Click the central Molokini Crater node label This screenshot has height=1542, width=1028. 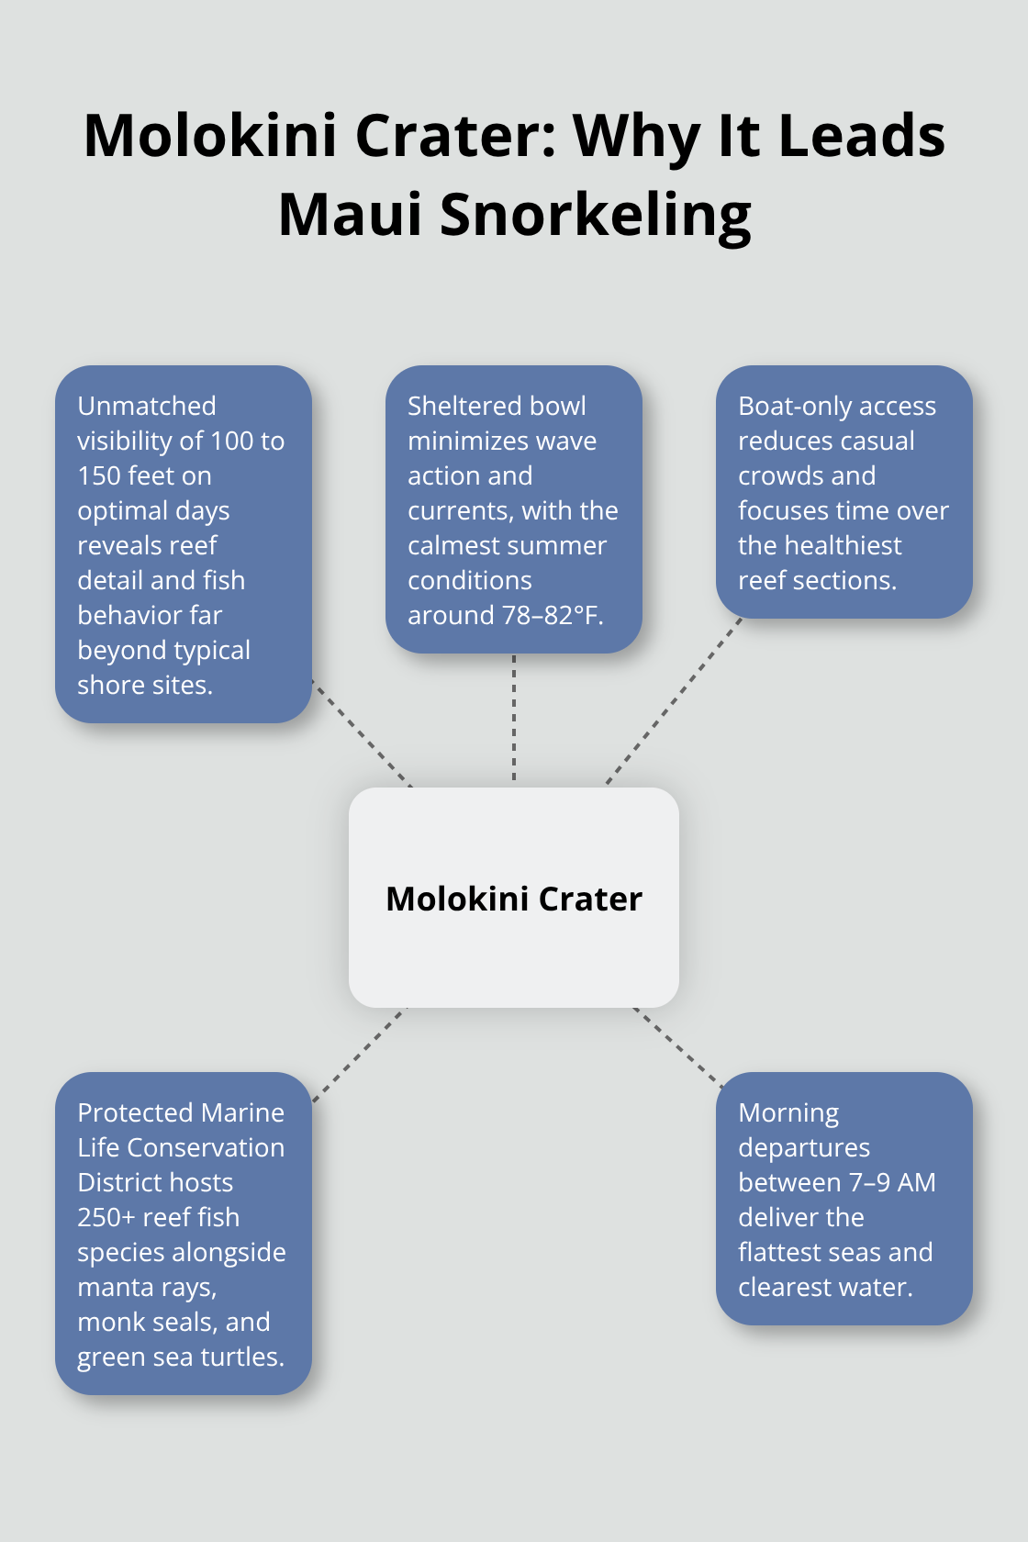pos(514,899)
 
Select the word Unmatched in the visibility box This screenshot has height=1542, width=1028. pos(147,406)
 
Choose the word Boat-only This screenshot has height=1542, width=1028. pos(789,407)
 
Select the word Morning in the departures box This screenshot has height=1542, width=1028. pos(788,1114)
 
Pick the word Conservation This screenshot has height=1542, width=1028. pos(206,1147)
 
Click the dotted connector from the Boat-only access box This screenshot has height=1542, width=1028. pos(674,701)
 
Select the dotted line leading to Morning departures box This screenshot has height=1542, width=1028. pos(679,1048)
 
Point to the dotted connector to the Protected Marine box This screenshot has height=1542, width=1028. pos(360,1055)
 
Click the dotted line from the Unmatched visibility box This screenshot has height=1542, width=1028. pos(363,734)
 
